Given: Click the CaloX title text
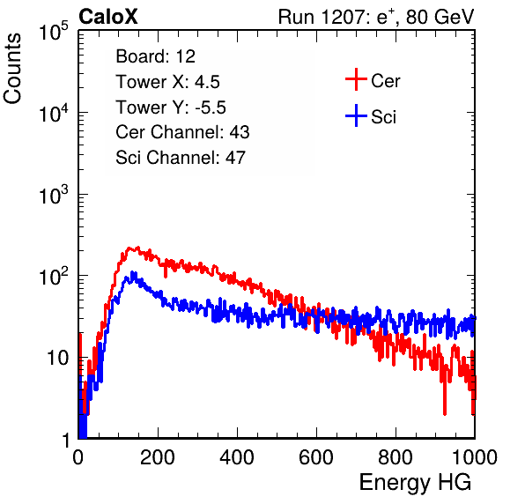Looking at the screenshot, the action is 107,17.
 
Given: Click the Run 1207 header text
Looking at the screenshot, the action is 376,17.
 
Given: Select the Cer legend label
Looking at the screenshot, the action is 385,81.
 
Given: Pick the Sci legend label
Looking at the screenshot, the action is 384,117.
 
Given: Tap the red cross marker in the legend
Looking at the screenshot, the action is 356,79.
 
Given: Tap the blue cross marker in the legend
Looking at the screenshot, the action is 356,116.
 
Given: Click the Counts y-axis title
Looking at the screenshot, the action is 12,69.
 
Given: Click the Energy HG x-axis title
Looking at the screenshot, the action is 415,483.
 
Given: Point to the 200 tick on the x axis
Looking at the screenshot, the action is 158,457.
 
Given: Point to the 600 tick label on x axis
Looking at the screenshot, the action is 316,457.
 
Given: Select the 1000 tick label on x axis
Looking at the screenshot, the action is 475,457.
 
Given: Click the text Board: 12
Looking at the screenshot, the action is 155,56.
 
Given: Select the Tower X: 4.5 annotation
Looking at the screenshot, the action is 167,82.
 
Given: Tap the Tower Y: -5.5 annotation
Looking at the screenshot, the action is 171,107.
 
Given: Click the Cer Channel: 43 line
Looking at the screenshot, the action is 182,132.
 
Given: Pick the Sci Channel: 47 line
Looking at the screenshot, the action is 181,158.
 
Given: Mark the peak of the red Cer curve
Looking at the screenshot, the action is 137,248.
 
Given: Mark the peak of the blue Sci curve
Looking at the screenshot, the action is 132,272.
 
